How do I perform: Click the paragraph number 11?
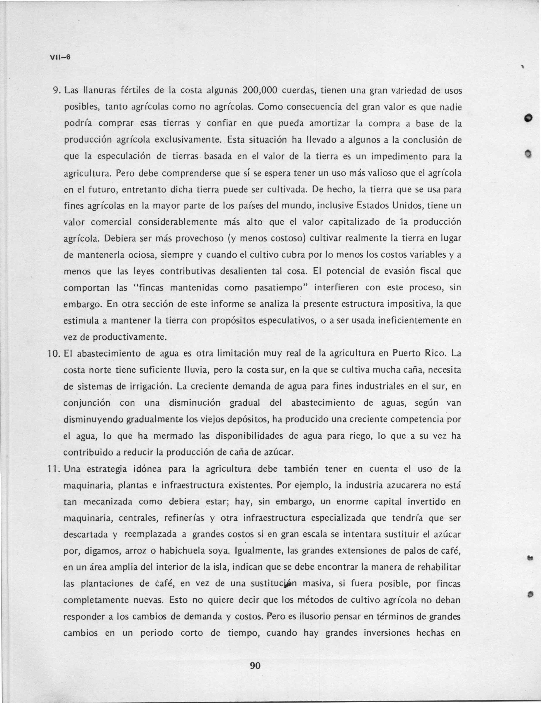(52, 469)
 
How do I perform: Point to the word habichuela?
(182, 551)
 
